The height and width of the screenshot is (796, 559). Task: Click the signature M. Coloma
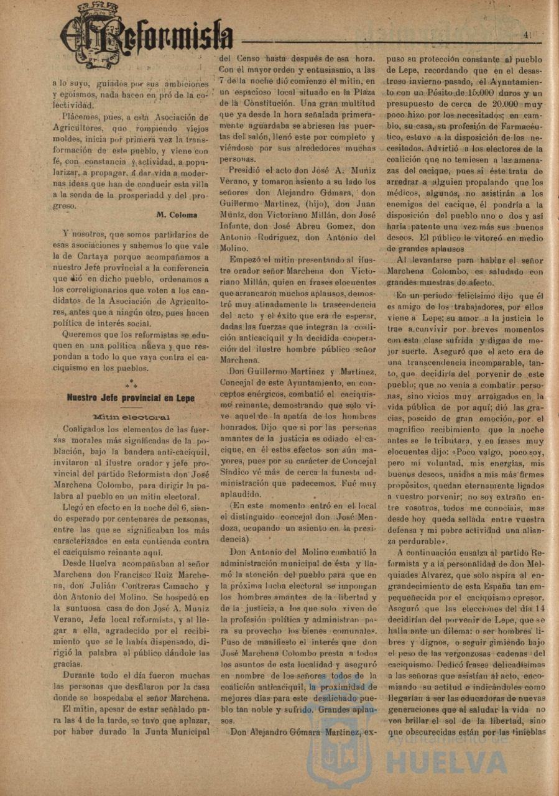[177, 215]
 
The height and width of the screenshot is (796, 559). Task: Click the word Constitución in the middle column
[274, 102]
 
